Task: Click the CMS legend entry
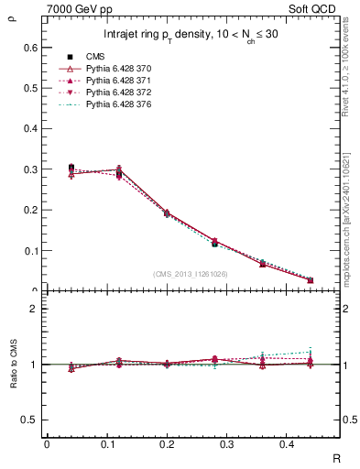coord(95,57)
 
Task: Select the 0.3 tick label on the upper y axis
coord(32,169)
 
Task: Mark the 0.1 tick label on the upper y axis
coord(32,250)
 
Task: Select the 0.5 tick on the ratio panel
coord(32,420)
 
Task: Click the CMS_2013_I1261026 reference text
coord(190,274)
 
